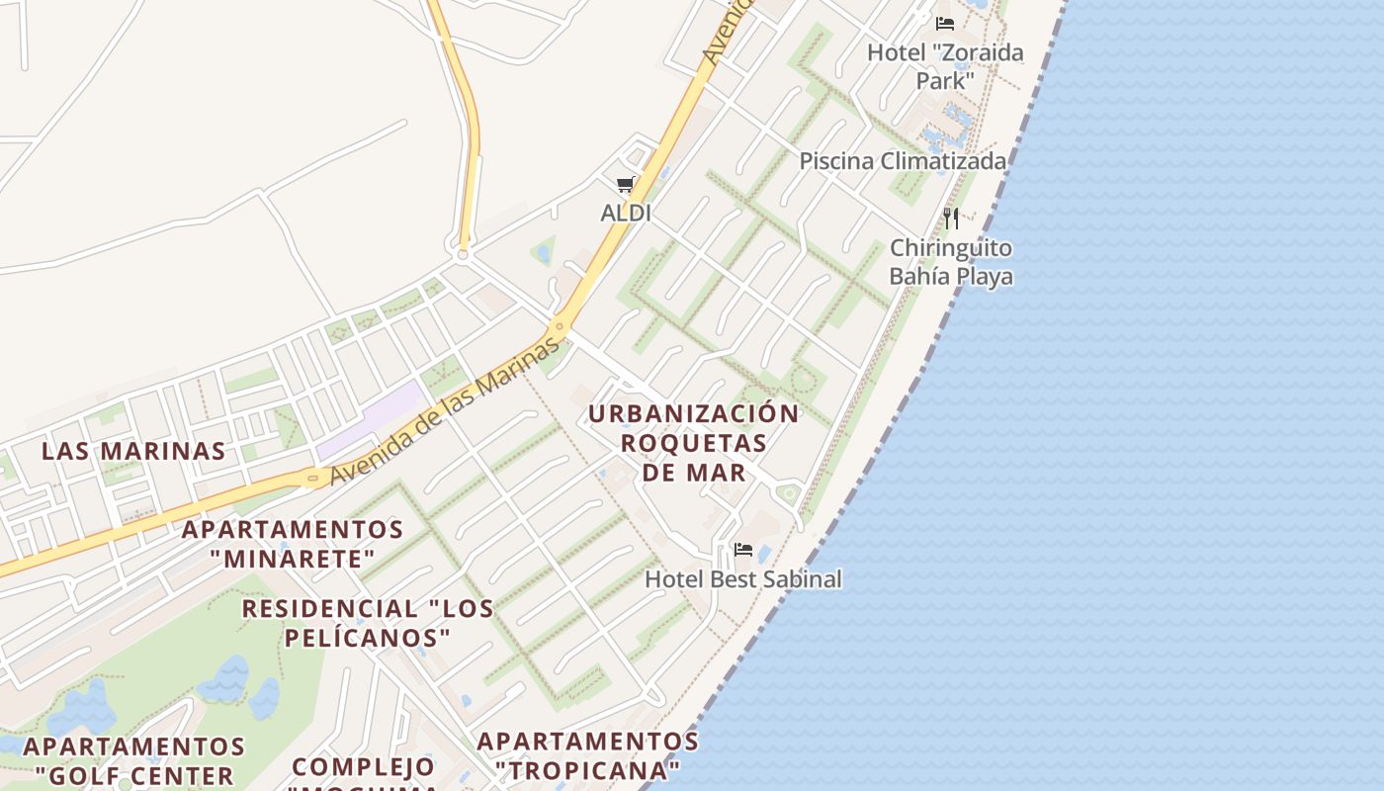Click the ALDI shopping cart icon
625,184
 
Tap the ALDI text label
626,213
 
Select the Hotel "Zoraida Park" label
945,65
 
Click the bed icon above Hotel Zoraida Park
945,23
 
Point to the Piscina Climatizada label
903,161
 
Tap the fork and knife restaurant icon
951,218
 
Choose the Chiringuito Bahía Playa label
951,262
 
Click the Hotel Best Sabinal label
743,579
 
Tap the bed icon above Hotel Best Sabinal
743,550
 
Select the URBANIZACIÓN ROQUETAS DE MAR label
694,442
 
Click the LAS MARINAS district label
133,451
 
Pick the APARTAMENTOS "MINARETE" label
293,544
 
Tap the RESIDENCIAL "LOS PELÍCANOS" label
368,623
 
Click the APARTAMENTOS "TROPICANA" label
588,754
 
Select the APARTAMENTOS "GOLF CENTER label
134,760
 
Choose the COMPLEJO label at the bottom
364,766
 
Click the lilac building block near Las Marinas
372,420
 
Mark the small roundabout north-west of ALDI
462,254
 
